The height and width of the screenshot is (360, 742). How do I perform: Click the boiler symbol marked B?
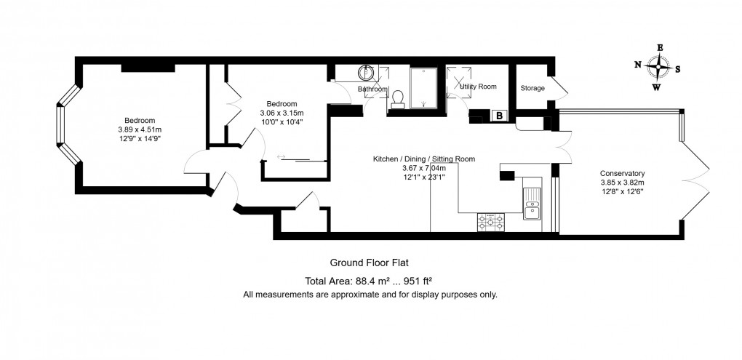point(500,116)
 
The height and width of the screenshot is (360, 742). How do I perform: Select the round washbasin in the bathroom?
point(366,73)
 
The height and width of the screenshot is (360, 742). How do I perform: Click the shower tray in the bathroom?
point(423,88)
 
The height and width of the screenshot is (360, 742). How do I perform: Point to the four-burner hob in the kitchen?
point(491,223)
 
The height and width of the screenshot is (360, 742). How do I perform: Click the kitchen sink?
point(532,204)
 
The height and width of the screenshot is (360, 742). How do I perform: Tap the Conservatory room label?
point(622,174)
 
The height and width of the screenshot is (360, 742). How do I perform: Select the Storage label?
point(532,88)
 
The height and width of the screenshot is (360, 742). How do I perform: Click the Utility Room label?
point(479,87)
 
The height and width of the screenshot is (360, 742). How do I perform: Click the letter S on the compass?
point(678,69)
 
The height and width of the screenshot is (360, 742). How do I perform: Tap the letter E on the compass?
point(660,47)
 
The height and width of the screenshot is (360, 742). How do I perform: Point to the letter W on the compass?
point(656,87)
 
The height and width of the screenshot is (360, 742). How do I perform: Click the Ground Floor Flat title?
point(369,262)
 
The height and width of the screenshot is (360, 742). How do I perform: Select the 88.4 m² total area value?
point(371,281)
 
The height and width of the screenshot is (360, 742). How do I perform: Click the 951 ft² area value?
point(417,281)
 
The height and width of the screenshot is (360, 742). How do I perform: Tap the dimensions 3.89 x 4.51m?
point(140,129)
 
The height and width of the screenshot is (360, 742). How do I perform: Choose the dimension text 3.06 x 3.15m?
point(282,113)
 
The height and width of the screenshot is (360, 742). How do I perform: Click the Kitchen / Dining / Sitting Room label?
point(424,159)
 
